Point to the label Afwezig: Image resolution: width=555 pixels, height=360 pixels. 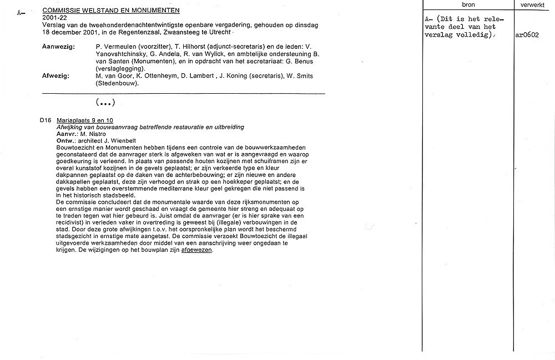(56, 76)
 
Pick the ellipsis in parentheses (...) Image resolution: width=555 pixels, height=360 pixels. (105, 103)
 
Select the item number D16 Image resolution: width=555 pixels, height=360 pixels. (46, 120)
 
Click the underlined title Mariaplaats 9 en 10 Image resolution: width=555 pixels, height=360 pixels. (85, 120)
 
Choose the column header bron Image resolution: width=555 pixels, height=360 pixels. (468, 4)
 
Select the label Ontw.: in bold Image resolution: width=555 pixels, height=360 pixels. (67, 140)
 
